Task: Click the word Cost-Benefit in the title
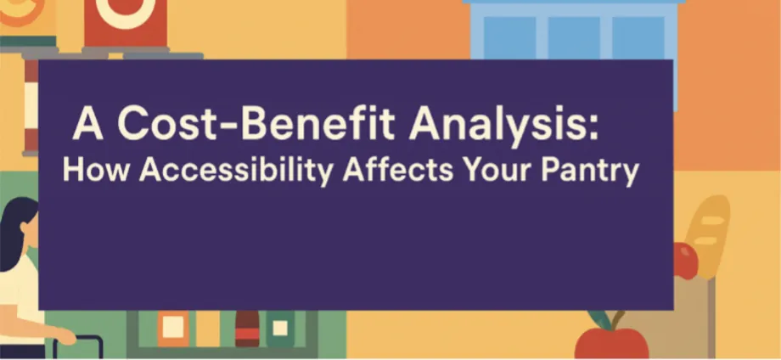256,123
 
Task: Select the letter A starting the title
87,125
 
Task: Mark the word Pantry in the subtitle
589,172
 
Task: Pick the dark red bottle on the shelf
247,328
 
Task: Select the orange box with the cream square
173,328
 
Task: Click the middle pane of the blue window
574,38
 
